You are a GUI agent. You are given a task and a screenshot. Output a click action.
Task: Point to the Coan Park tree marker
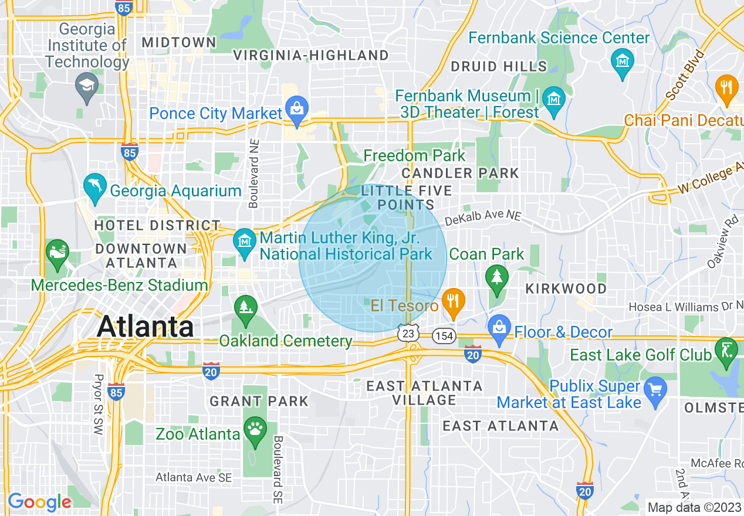(498, 276)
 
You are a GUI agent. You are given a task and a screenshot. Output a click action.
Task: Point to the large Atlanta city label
(145, 326)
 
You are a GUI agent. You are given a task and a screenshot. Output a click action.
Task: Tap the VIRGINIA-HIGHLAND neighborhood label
(311, 56)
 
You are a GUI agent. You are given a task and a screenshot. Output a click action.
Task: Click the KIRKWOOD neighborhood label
(566, 288)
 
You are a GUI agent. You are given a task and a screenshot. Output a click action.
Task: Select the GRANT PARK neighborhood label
(259, 402)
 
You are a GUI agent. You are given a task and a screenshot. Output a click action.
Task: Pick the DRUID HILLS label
(499, 67)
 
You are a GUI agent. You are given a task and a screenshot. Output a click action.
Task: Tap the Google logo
(39, 502)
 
